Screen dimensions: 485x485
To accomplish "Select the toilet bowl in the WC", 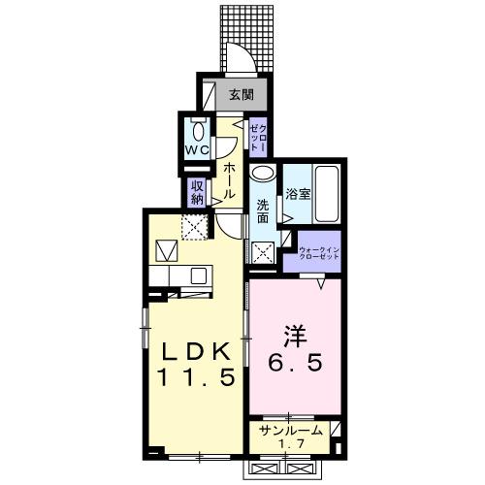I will (x=198, y=130).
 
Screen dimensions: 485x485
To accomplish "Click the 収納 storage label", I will (x=197, y=190).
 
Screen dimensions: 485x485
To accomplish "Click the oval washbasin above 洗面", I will (x=262, y=176).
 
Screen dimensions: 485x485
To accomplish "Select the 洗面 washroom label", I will (x=263, y=212).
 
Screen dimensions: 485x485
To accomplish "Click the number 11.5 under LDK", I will (x=190, y=377).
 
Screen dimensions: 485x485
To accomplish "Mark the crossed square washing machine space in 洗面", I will (x=263, y=252).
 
